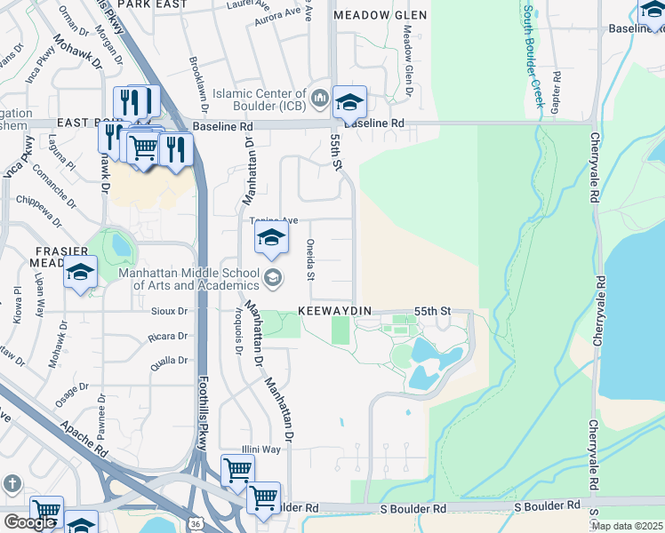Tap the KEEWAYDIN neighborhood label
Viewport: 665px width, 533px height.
(333, 312)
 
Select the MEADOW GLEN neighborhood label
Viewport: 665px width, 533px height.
(380, 15)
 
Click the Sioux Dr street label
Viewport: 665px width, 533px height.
(171, 312)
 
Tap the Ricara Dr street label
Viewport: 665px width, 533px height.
(170, 337)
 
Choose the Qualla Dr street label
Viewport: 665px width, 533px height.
(170, 360)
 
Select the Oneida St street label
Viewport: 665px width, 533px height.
(310, 259)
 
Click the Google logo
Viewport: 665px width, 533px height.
(29, 522)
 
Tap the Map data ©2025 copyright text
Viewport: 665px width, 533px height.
(627, 526)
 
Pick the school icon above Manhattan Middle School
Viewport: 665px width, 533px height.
(271, 237)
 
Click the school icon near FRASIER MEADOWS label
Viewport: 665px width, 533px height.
(80, 273)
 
